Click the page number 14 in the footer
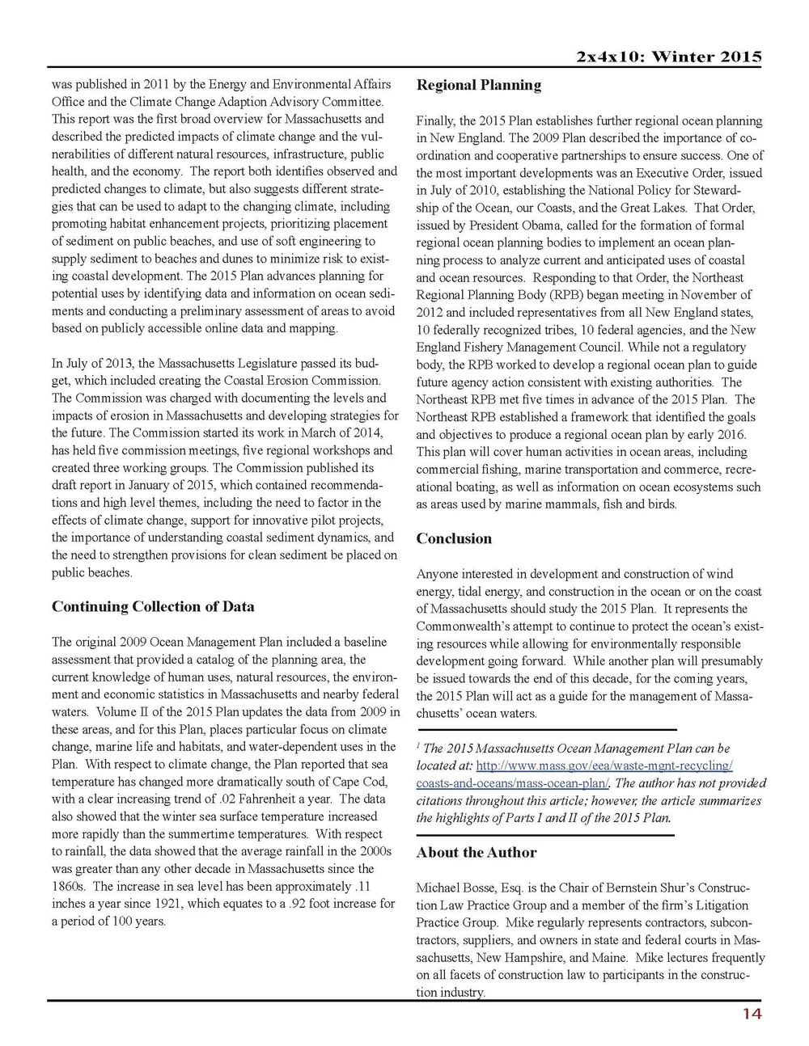point(752,1014)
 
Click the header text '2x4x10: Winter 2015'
point(669,57)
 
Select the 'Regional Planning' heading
point(479,85)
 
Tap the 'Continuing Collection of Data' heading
point(153,606)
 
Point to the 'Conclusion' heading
point(454,538)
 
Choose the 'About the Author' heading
point(477,852)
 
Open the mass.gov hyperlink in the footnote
point(574,774)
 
